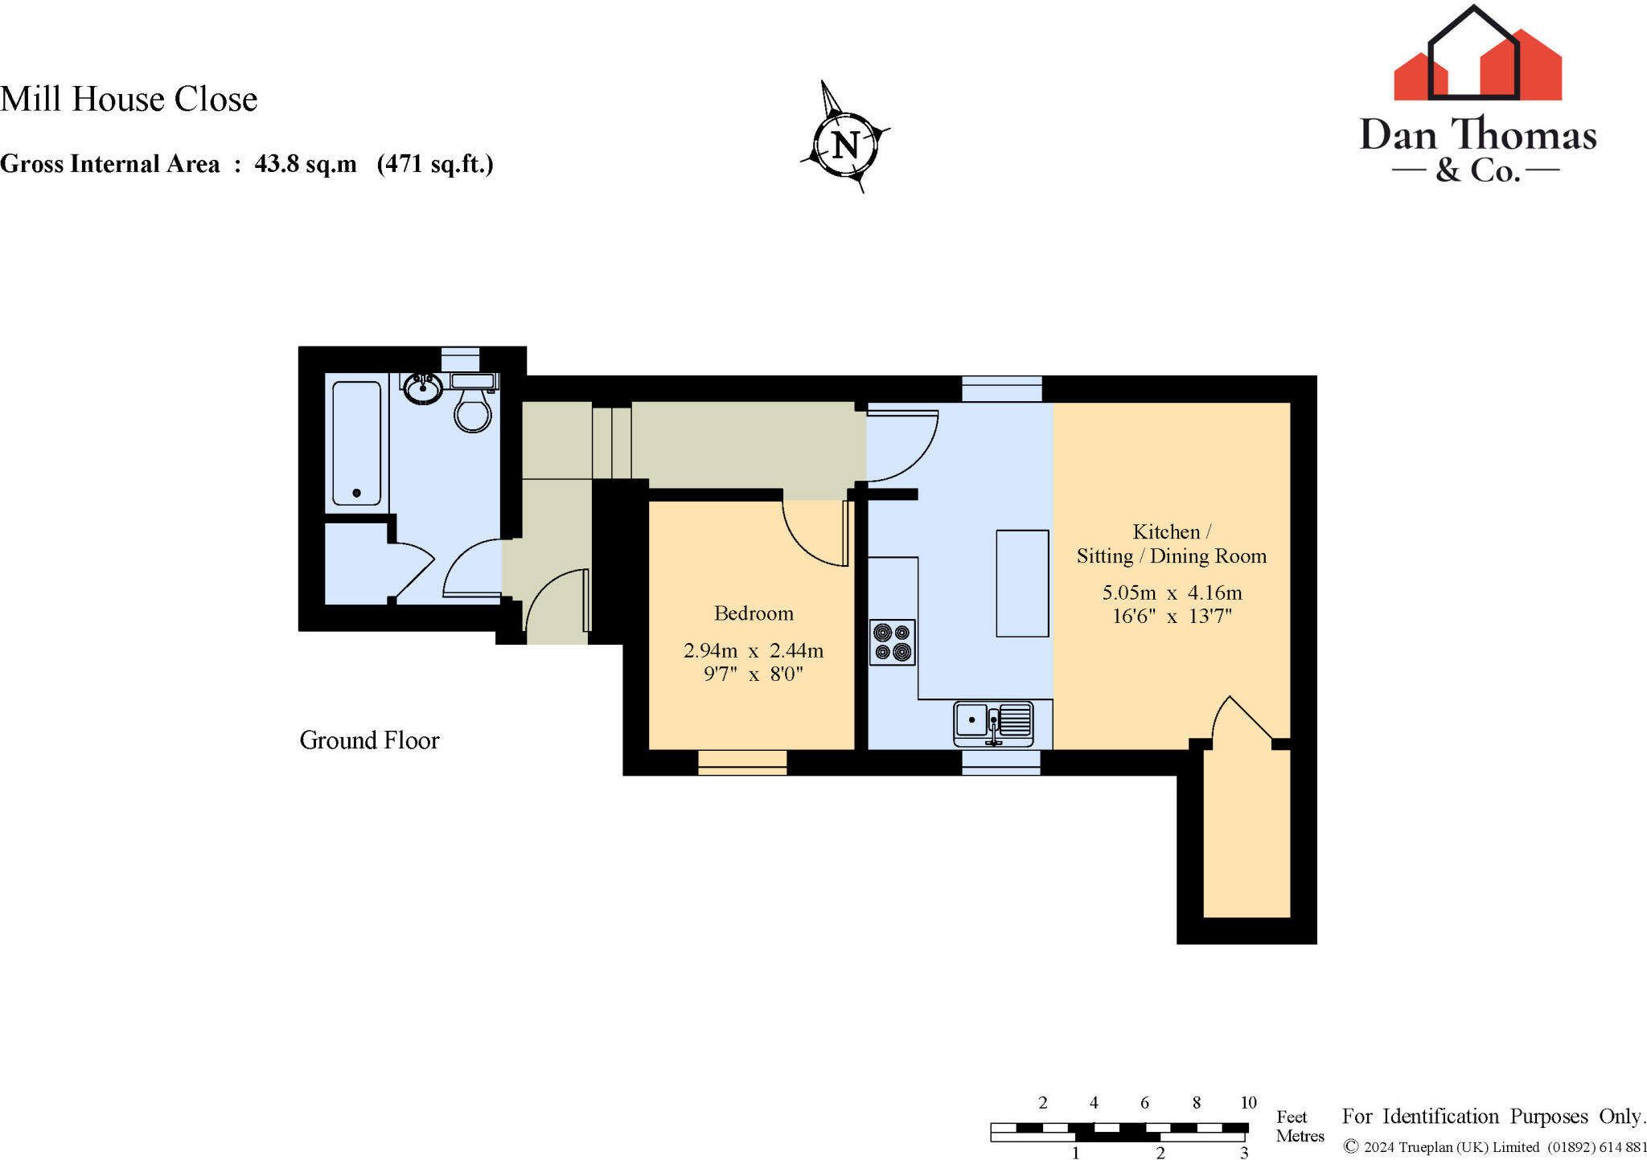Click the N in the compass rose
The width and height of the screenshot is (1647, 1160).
point(845,146)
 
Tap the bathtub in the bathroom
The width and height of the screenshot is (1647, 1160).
point(356,443)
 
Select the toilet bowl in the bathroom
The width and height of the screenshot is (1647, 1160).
point(472,412)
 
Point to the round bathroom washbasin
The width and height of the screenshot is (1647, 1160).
point(423,389)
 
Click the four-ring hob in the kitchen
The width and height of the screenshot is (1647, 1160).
point(893,642)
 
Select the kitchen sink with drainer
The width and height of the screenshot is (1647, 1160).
point(994,721)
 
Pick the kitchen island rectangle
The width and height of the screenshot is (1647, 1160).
point(1022,583)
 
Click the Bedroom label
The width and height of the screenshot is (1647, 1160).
point(754,613)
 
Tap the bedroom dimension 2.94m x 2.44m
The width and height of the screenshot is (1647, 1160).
point(754,650)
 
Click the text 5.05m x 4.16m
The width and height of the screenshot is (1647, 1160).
point(1172,593)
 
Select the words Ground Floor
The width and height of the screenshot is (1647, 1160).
point(369,740)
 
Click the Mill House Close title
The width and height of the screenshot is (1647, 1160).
point(129,99)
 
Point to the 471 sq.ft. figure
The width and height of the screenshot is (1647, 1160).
point(435,164)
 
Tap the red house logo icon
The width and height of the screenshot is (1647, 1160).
point(1477,60)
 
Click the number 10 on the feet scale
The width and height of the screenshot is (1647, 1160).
point(1248,1103)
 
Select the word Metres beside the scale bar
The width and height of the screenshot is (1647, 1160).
point(1300,1136)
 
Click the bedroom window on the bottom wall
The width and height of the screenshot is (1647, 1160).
point(742,761)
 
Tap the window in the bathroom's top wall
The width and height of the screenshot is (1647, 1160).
point(460,359)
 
